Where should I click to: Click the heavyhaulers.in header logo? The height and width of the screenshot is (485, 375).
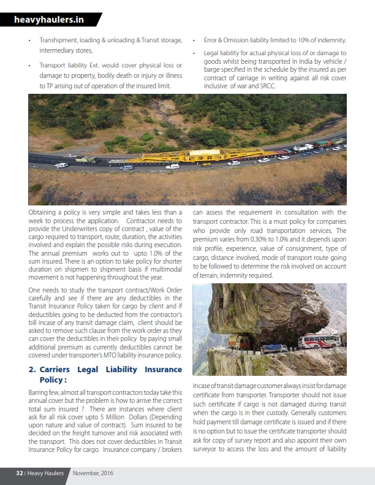[49, 20]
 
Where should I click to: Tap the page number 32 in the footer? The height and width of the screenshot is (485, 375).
[19, 473]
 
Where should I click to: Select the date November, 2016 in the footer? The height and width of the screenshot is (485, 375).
[93, 473]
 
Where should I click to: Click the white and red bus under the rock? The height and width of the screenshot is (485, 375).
[317, 341]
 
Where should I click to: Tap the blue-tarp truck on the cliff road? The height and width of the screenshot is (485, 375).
[274, 348]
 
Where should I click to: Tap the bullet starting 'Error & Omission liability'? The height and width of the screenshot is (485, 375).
[270, 40]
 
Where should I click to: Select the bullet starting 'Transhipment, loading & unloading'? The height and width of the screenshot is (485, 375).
[110, 40]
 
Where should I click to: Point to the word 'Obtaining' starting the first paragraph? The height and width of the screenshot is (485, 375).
[44, 212]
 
